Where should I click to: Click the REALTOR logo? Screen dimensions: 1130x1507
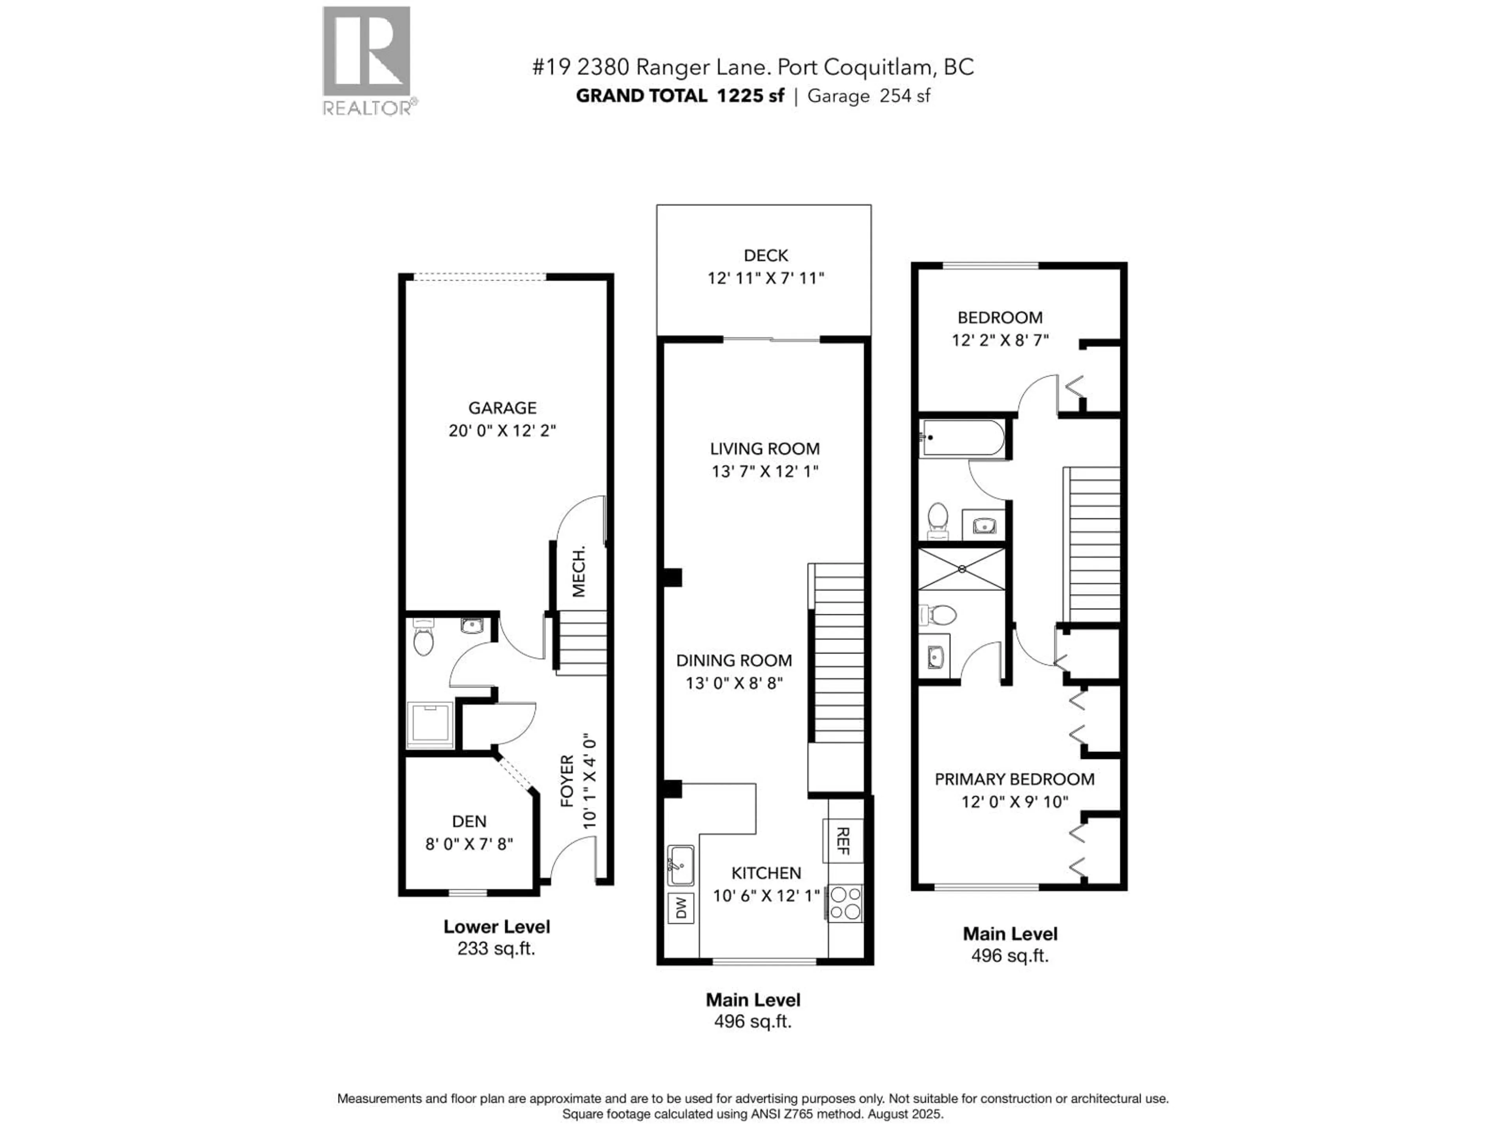tap(367, 60)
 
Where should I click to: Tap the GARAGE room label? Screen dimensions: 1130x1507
tap(502, 408)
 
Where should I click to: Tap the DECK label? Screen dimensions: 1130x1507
tap(766, 255)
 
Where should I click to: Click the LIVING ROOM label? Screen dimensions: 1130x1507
tap(764, 449)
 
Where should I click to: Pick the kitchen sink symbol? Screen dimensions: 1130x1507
tap(680, 866)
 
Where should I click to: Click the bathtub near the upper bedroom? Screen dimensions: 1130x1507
tap(961, 437)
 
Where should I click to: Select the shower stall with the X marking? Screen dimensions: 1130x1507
tap(961, 569)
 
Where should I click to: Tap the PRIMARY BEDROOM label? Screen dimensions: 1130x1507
tap(1014, 779)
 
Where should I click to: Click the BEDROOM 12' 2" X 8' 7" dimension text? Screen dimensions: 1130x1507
tap(1000, 340)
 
